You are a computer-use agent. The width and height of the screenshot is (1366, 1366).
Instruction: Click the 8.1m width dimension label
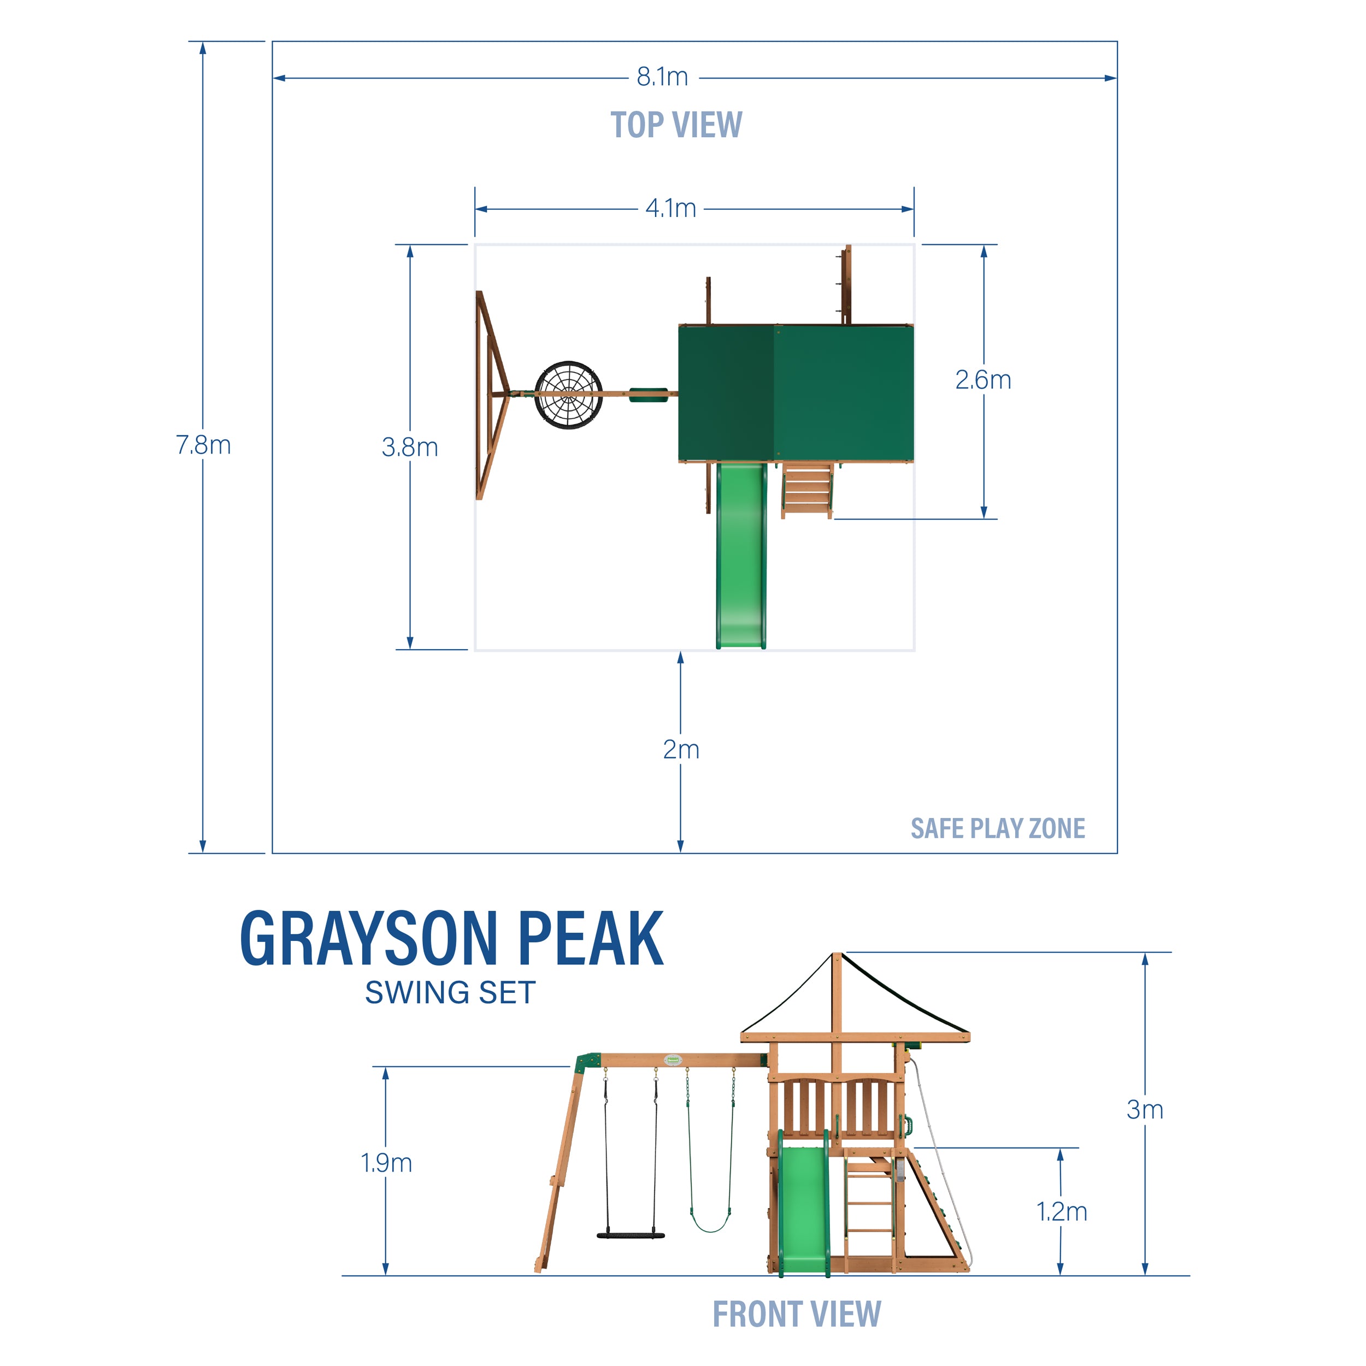pyautogui.click(x=662, y=76)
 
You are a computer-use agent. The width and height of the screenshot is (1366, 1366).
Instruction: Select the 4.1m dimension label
pyautogui.click(x=670, y=209)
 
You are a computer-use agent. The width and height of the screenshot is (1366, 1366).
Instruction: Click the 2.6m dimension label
pyautogui.click(x=983, y=380)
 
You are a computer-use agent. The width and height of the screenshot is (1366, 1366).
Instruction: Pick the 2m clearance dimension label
pyautogui.click(x=681, y=750)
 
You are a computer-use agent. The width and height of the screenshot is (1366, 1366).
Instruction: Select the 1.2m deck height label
pyautogui.click(x=1061, y=1211)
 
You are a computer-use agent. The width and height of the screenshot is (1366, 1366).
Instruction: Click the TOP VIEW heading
pyautogui.click(x=676, y=125)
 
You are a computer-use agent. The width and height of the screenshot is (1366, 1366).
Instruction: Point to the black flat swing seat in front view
pyautogui.click(x=631, y=1235)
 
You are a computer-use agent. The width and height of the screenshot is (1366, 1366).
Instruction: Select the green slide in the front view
pyautogui.click(x=803, y=1209)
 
